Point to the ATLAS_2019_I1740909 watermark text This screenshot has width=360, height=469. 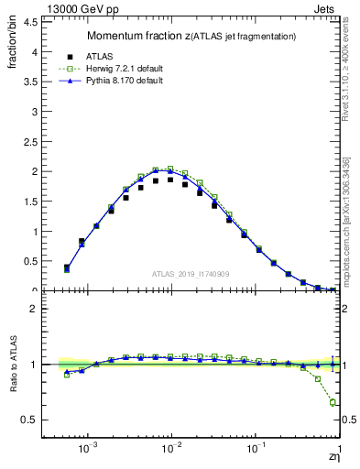coord(191,273)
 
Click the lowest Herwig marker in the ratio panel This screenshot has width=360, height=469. coord(333,402)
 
